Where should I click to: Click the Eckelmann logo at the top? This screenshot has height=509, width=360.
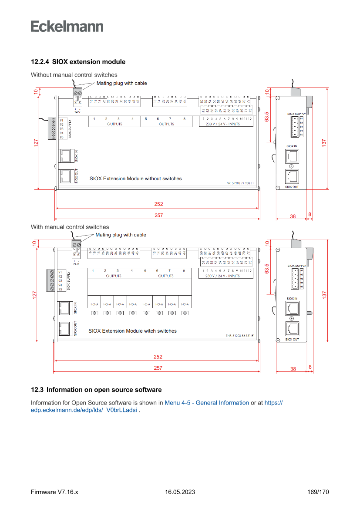pos(67,26)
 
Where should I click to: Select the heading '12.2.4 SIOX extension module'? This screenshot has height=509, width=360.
pos(78,62)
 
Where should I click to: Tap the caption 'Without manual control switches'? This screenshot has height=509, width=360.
pos(74,75)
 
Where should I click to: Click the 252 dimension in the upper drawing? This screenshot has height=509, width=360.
pos(158,204)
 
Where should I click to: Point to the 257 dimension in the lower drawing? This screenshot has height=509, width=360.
pos(158,368)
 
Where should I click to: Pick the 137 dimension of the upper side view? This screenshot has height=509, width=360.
pos(324,142)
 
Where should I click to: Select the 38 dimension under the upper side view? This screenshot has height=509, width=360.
pos(293,216)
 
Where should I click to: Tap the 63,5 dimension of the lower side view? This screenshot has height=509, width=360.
pos(267,269)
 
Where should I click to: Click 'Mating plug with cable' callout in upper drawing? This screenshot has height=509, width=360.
pos(121,83)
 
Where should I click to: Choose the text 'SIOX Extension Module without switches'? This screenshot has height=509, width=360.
pos(135,179)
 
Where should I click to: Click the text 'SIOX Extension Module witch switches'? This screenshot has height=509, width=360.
pos(132,331)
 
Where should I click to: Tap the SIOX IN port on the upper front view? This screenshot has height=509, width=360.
pos(66,155)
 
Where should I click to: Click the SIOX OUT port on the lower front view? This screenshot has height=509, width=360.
pos(65,328)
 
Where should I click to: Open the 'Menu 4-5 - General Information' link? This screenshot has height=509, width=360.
pos(207,403)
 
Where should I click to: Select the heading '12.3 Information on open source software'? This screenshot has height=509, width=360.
pos(96,390)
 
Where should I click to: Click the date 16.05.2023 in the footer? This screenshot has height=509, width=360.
pos(180,492)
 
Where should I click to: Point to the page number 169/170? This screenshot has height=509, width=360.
pos(318,492)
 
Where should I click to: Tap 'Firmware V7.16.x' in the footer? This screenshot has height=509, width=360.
pos(54,492)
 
